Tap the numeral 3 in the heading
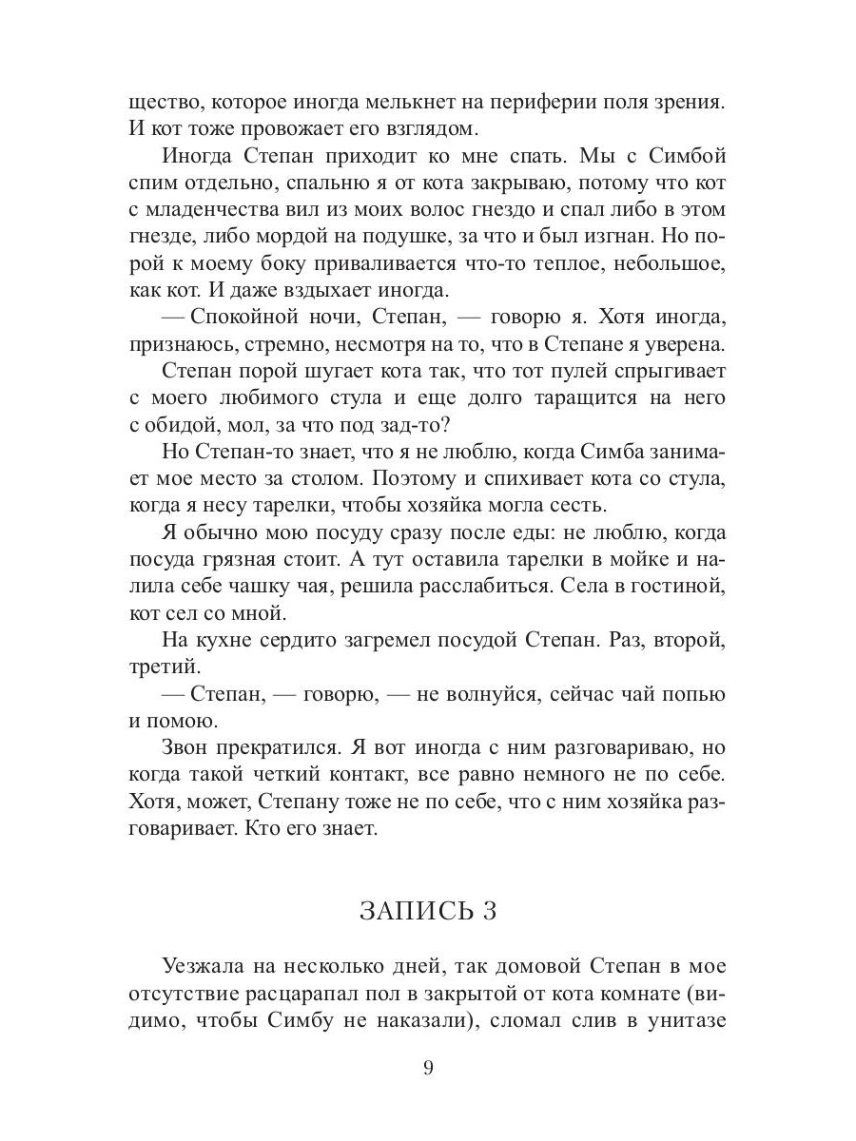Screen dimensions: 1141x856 (490, 911)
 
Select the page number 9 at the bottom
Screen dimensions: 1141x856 (428, 1068)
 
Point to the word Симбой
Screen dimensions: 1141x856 (688, 155)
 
